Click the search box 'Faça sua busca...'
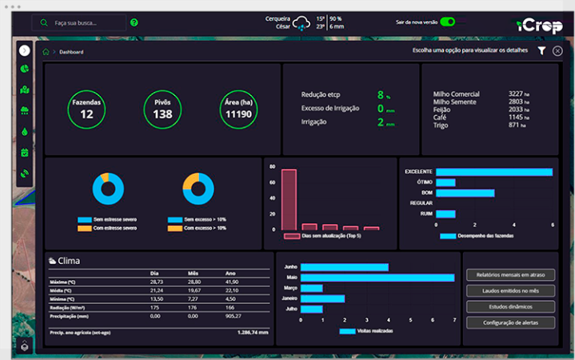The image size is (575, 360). [80, 22]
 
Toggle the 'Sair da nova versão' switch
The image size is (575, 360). [448, 22]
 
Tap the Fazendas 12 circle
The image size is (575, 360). [87, 110]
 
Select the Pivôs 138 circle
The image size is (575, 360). [163, 110]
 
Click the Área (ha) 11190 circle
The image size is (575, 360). [239, 110]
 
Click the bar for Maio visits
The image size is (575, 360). [377, 278]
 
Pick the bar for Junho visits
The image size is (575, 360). [344, 267]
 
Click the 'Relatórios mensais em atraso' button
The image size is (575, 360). [509, 274]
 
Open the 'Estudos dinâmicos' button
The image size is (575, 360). [509, 306]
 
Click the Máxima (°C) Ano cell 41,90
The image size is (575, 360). [233, 282]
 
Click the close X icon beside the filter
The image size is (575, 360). [557, 51]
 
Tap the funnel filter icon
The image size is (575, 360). [541, 51]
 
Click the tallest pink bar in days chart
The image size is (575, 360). [289, 199]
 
